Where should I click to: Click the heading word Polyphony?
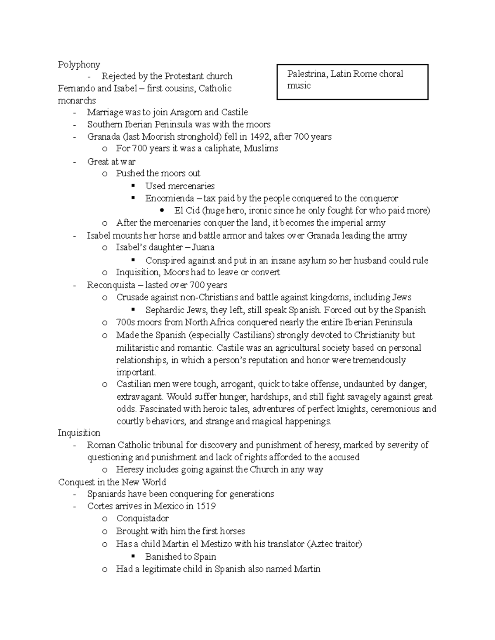[79, 65]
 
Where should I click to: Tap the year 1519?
[206, 506]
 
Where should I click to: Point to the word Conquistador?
[142, 518]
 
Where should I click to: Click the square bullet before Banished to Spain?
[133, 556]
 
